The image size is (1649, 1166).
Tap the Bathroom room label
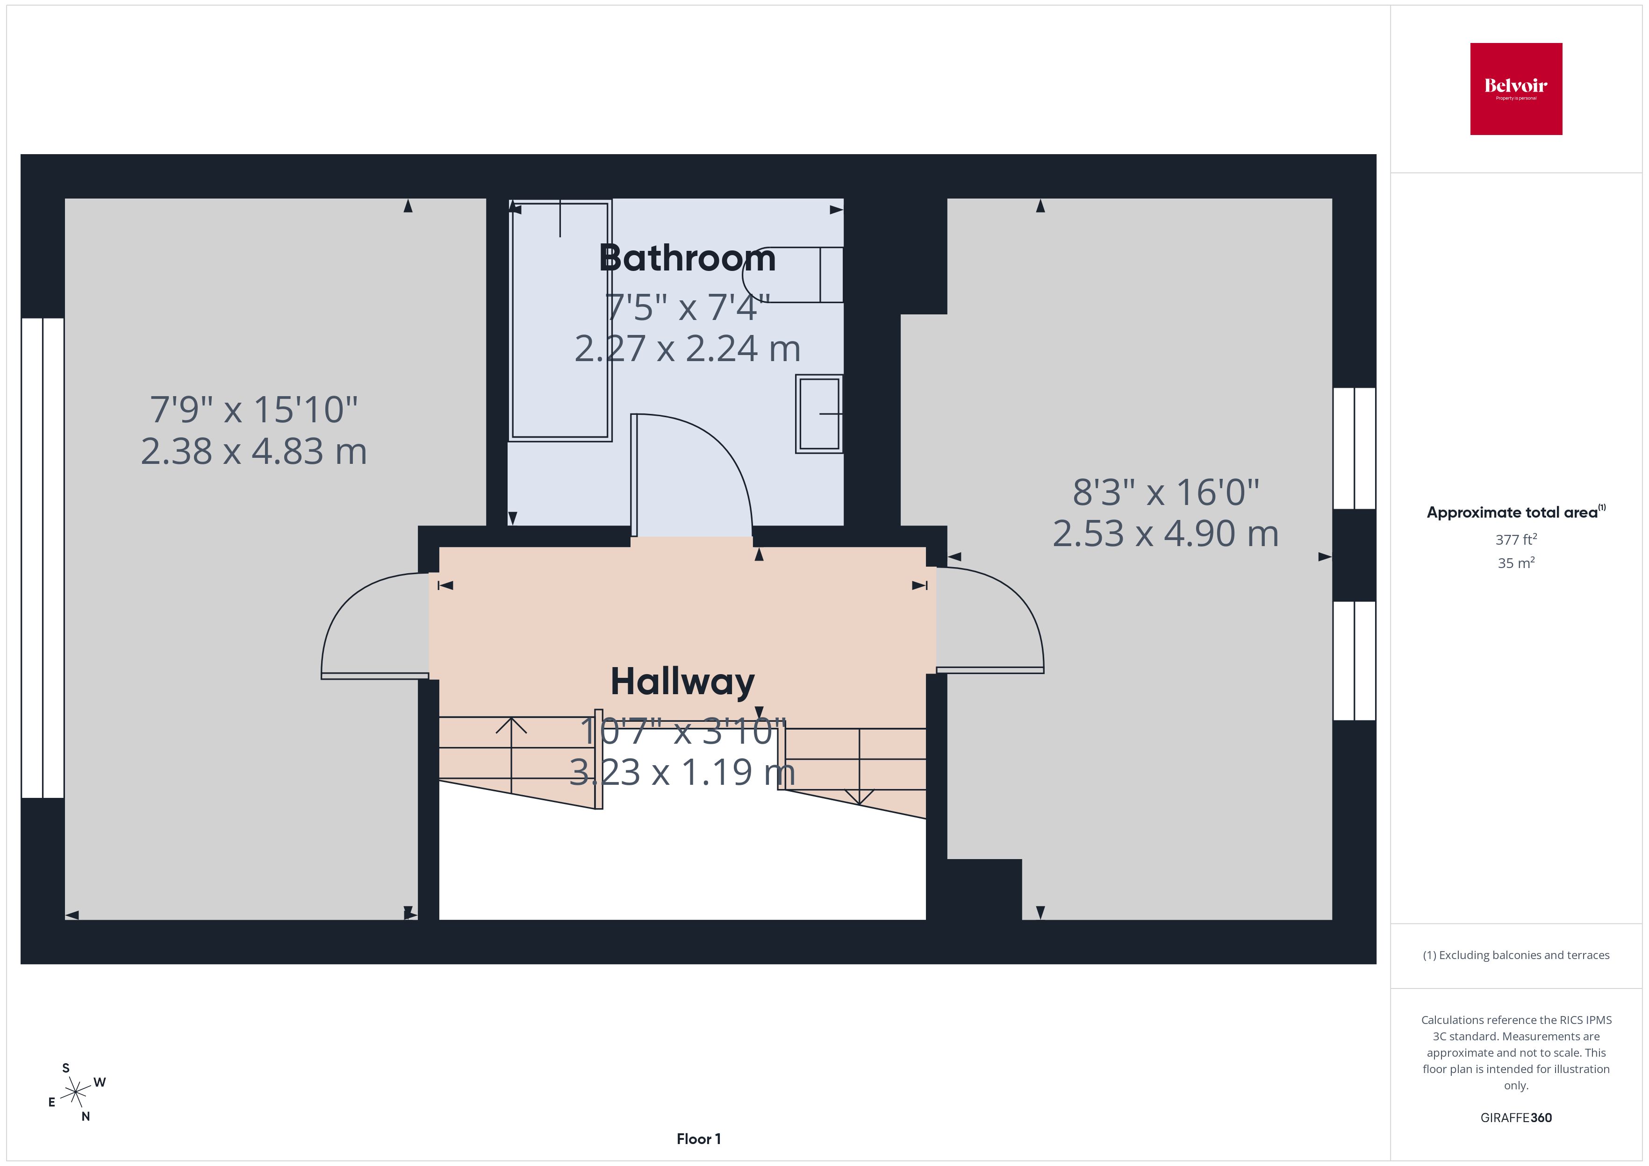[x=688, y=258]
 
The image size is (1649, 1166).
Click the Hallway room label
[x=682, y=682]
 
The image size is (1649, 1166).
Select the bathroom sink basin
[x=819, y=413]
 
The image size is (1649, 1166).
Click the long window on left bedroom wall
[x=43, y=558]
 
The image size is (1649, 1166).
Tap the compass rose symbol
[x=75, y=1093]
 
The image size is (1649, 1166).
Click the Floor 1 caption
[x=698, y=1139]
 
